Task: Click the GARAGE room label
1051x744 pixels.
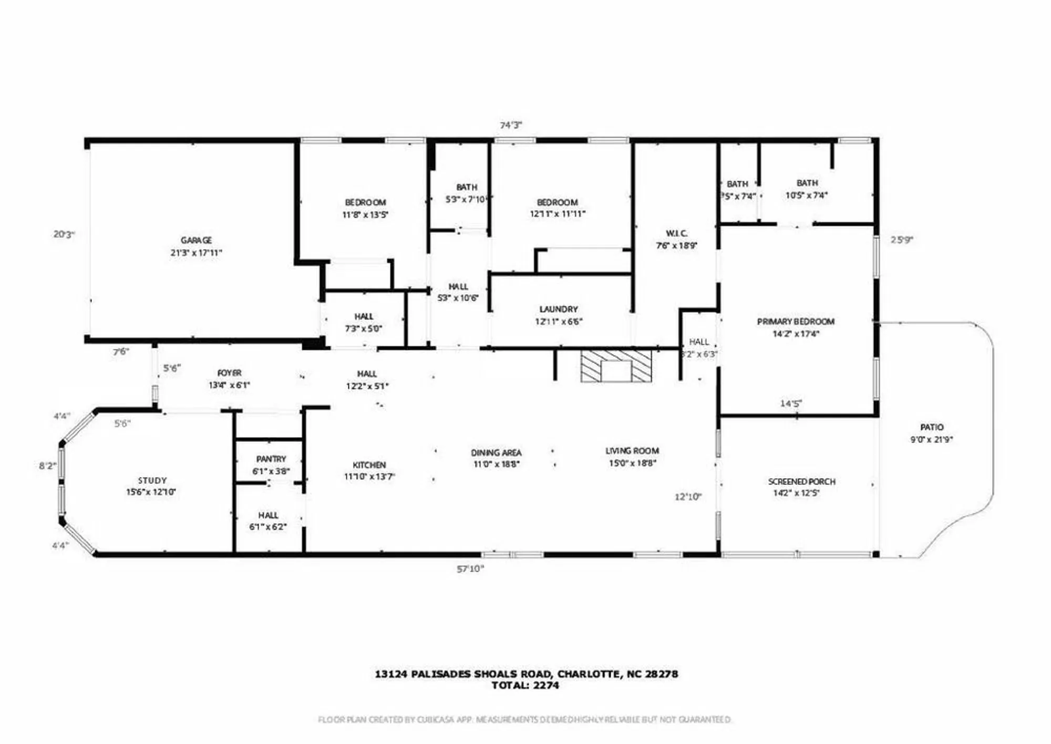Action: (x=196, y=241)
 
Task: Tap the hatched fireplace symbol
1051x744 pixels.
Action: (x=616, y=366)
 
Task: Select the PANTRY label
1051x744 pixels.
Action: (x=271, y=459)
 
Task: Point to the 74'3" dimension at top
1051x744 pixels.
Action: (x=511, y=125)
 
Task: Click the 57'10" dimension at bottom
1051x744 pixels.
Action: (x=470, y=569)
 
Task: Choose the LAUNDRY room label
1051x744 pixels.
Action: (x=559, y=309)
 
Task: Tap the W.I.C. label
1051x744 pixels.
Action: (x=676, y=233)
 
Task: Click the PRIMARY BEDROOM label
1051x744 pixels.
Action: (x=796, y=322)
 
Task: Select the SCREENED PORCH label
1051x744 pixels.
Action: (x=801, y=481)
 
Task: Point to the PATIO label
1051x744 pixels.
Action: (x=932, y=427)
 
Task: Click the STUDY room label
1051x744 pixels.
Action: (x=152, y=480)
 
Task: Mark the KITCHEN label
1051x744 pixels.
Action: (x=369, y=465)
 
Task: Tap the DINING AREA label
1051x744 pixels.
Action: (x=496, y=452)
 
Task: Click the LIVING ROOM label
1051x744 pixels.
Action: (x=632, y=451)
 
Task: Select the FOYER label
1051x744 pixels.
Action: (x=230, y=373)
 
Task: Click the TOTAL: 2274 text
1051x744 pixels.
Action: (x=525, y=685)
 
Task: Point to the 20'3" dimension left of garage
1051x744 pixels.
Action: (x=64, y=234)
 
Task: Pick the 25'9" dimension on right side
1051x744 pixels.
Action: (x=902, y=240)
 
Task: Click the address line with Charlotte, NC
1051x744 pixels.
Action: (x=526, y=674)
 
